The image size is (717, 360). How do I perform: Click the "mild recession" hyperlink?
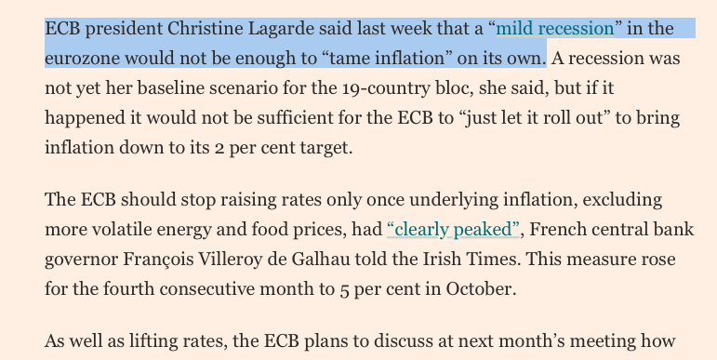555,28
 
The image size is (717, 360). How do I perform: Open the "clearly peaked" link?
452,228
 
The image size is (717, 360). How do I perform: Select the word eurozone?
82,58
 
